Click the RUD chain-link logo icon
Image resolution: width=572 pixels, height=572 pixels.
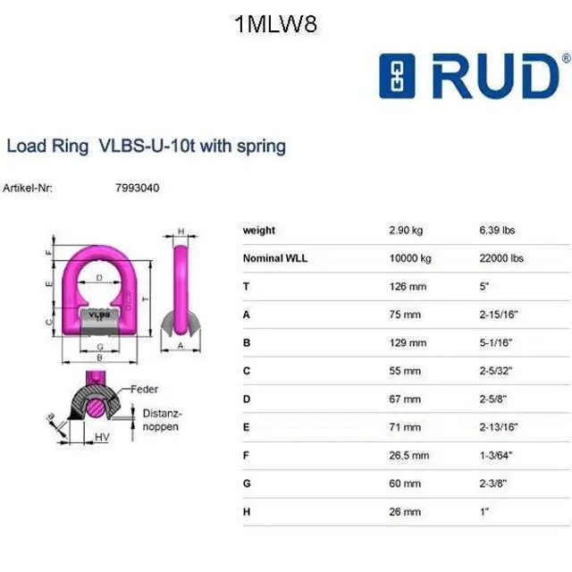coord(397,76)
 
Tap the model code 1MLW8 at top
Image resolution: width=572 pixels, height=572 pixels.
coord(276,24)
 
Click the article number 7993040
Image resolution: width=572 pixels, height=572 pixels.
coord(137,188)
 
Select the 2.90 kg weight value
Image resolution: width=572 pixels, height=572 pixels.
coord(406,231)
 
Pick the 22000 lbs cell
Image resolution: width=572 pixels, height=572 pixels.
coord(501,258)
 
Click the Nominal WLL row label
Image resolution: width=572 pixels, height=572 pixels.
coord(275,258)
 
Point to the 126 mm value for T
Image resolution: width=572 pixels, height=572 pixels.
coord(408,286)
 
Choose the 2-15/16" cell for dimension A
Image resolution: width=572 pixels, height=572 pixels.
coord(499,315)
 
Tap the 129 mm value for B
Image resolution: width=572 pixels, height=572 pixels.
coord(408,342)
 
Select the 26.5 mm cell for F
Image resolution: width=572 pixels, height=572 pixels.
coord(409,455)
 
